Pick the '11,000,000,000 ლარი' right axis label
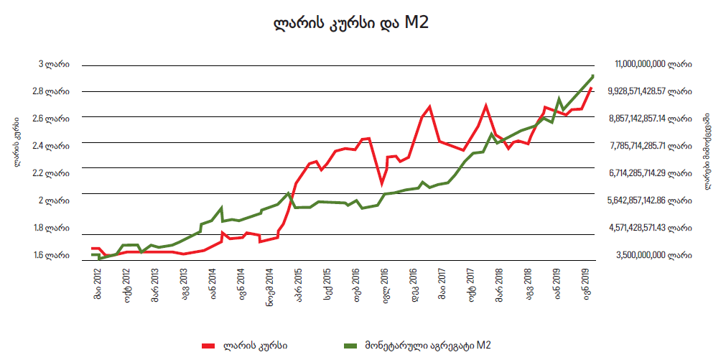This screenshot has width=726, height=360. (653, 65)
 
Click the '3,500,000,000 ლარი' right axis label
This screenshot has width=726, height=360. (653, 255)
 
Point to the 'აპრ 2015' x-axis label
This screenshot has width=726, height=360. (298, 283)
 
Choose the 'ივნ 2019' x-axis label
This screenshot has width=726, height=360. (557, 283)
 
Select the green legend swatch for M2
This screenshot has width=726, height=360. (348, 346)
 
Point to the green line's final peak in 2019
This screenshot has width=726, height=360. (593, 75)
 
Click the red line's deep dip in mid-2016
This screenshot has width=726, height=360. (382, 184)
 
